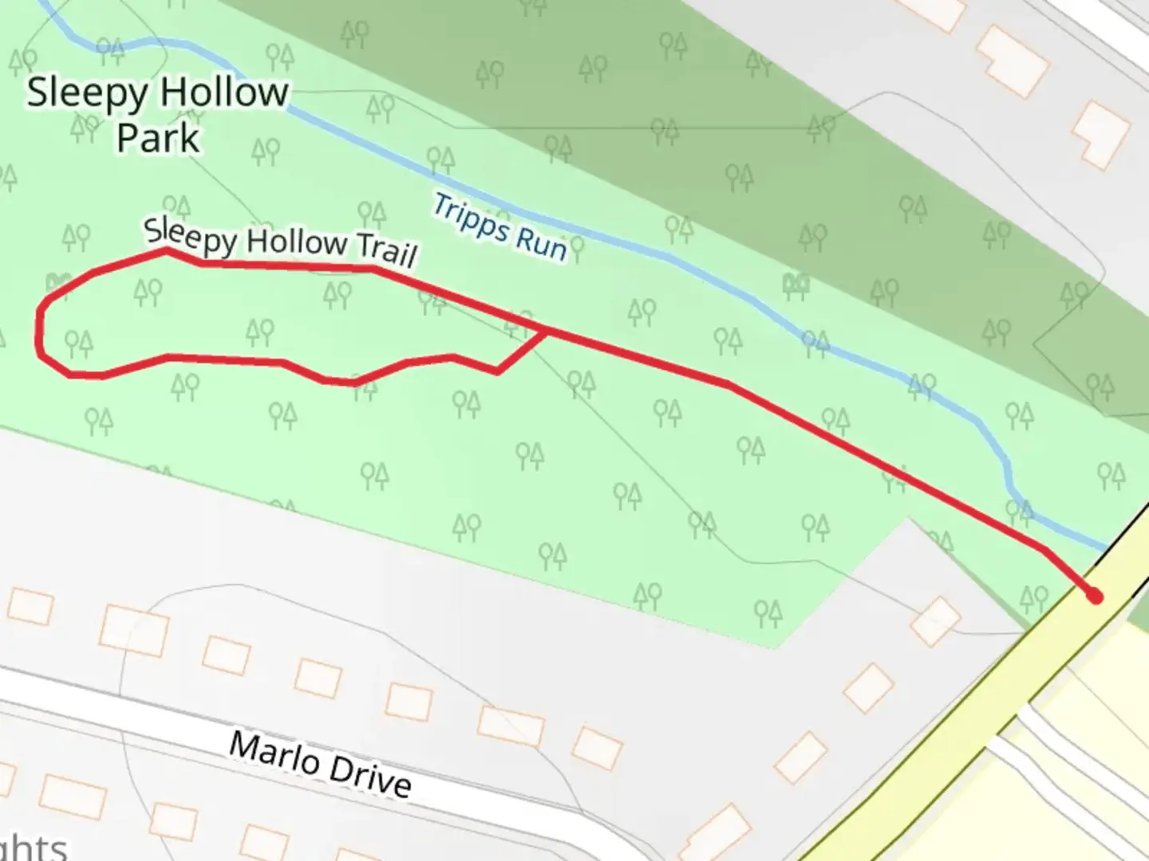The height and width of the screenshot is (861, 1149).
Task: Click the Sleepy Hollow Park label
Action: coord(157,115)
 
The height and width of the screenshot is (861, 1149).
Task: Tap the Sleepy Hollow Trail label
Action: coord(280,242)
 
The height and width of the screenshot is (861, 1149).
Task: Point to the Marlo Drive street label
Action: coord(320,764)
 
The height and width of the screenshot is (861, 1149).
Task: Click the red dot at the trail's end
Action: coord(1095,596)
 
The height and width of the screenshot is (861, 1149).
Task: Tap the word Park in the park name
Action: coord(158,138)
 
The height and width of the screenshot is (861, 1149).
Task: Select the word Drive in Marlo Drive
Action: coord(369,776)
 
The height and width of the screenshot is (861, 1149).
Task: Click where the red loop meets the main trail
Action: coord(547,328)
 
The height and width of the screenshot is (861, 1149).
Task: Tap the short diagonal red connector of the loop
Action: coord(523,350)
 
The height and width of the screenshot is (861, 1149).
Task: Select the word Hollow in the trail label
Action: coord(296,242)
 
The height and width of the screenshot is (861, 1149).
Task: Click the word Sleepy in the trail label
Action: coord(190,237)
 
